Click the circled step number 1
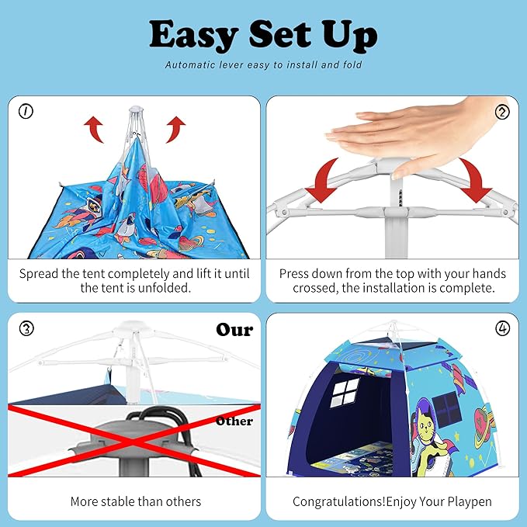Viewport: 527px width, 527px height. point(26,112)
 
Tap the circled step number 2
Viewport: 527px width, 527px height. point(501,112)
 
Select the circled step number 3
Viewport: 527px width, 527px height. point(26,328)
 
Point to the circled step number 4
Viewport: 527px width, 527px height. point(501,328)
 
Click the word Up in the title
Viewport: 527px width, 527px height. point(352,35)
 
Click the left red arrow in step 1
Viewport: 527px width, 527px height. point(94,129)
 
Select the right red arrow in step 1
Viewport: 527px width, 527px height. point(176,128)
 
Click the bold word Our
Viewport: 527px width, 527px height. point(234,330)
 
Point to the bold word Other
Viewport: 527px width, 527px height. point(234,421)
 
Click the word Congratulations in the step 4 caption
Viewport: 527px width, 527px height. point(338,501)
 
